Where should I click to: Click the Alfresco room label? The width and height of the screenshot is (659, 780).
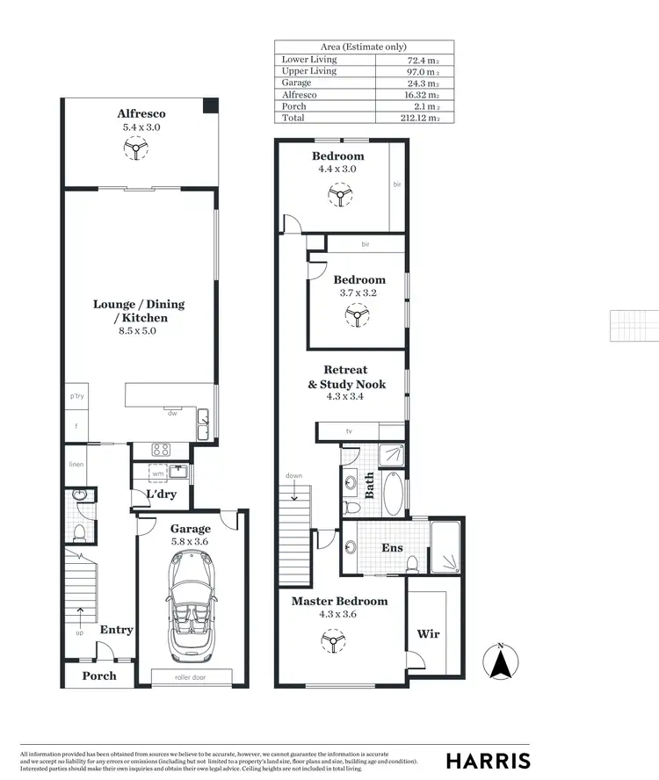(x=141, y=113)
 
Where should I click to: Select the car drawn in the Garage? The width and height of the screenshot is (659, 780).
(x=190, y=611)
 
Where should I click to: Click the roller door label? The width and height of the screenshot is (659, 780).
(x=190, y=677)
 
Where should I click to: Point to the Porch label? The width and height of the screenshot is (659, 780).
(x=99, y=675)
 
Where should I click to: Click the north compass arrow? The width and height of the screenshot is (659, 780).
(x=500, y=661)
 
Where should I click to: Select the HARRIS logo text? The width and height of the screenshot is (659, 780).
(x=489, y=761)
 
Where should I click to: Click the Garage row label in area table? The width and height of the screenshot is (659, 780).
(x=296, y=83)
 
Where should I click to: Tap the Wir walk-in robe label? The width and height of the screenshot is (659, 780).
(x=428, y=633)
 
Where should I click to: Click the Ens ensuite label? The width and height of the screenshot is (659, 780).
(x=392, y=547)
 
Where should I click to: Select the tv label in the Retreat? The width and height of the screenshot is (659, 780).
(x=349, y=431)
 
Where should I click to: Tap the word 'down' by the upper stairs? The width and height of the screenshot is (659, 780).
(x=293, y=476)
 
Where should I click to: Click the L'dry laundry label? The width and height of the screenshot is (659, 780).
(x=162, y=494)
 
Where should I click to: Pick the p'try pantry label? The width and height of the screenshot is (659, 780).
(x=77, y=397)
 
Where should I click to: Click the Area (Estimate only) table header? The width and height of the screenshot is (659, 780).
(x=364, y=47)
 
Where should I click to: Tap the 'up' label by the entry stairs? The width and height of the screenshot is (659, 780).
(x=80, y=632)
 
